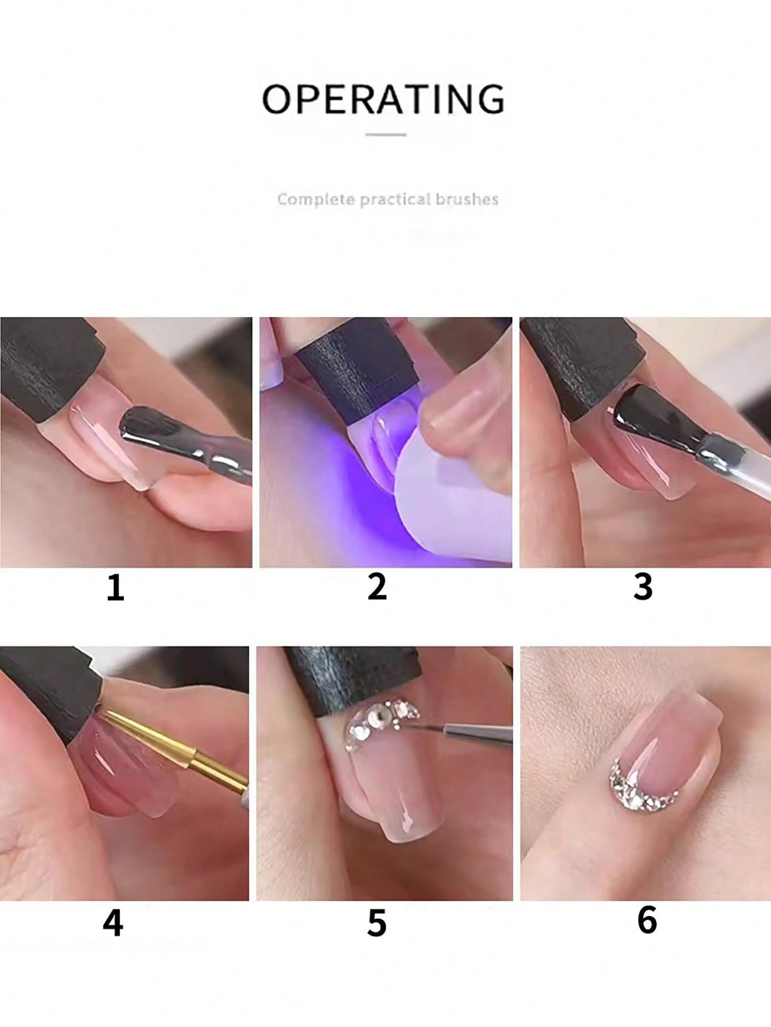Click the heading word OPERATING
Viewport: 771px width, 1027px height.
click(384, 99)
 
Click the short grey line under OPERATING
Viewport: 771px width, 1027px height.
click(386, 135)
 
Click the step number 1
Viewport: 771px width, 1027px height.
click(116, 588)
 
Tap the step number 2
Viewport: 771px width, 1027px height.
click(377, 587)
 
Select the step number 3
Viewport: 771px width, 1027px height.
click(643, 587)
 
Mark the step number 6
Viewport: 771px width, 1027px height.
click(647, 919)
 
